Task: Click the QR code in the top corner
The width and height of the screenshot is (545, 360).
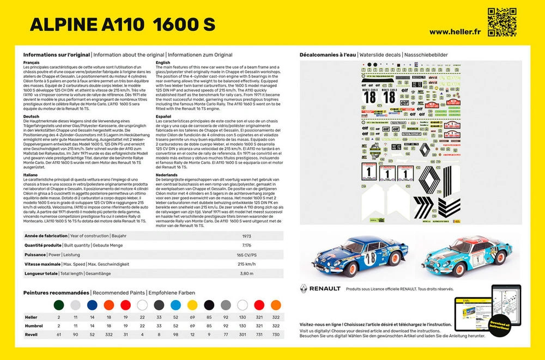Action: (x=502, y=21)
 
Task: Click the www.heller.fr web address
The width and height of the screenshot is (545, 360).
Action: (x=453, y=32)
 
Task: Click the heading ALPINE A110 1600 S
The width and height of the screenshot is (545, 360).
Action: (x=122, y=25)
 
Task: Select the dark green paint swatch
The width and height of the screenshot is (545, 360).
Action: (x=59, y=304)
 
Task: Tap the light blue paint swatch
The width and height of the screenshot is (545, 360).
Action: (x=176, y=304)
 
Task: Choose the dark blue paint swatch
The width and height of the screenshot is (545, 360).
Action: (x=92, y=304)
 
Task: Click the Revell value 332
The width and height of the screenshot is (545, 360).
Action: (x=109, y=334)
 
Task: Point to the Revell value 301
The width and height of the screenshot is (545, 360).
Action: (x=243, y=334)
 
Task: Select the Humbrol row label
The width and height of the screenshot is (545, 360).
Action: (x=34, y=325)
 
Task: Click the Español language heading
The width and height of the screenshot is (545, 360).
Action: (x=163, y=117)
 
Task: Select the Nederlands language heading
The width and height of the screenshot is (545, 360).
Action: (x=166, y=175)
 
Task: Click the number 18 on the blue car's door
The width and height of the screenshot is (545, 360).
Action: (x=370, y=259)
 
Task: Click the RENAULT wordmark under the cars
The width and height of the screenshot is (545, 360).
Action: (x=325, y=288)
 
